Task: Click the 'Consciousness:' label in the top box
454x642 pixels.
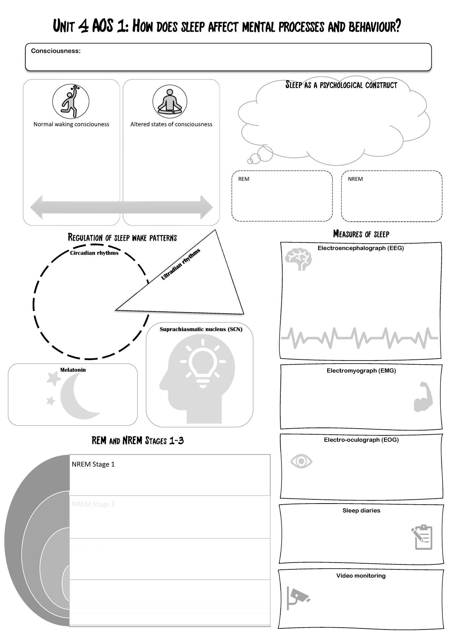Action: (x=56, y=51)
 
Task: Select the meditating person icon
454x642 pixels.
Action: (x=170, y=102)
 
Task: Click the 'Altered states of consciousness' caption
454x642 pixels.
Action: (x=171, y=124)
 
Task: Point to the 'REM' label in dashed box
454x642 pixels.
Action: (x=244, y=179)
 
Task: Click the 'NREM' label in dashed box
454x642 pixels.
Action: (x=355, y=179)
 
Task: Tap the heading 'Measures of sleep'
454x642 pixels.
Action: (x=361, y=234)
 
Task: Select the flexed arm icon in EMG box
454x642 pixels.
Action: (x=423, y=397)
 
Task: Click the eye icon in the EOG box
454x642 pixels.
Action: (x=301, y=461)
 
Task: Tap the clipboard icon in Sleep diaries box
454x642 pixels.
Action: (x=422, y=537)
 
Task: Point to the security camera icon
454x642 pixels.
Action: (x=297, y=598)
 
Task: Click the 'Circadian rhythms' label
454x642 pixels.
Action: (x=94, y=253)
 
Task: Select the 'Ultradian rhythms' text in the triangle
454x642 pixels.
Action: (x=180, y=264)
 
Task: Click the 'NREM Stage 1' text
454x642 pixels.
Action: (x=93, y=464)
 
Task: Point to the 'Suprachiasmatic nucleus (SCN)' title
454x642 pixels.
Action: (x=201, y=329)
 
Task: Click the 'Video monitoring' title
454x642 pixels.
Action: (x=361, y=575)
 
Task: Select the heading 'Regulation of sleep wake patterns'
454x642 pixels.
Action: (x=122, y=238)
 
